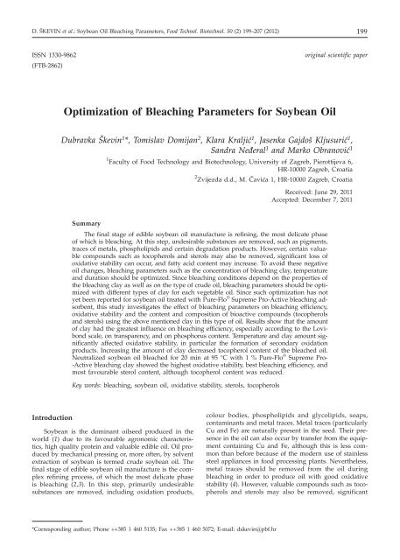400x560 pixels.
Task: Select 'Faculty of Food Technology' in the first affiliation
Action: [x=159, y=162]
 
